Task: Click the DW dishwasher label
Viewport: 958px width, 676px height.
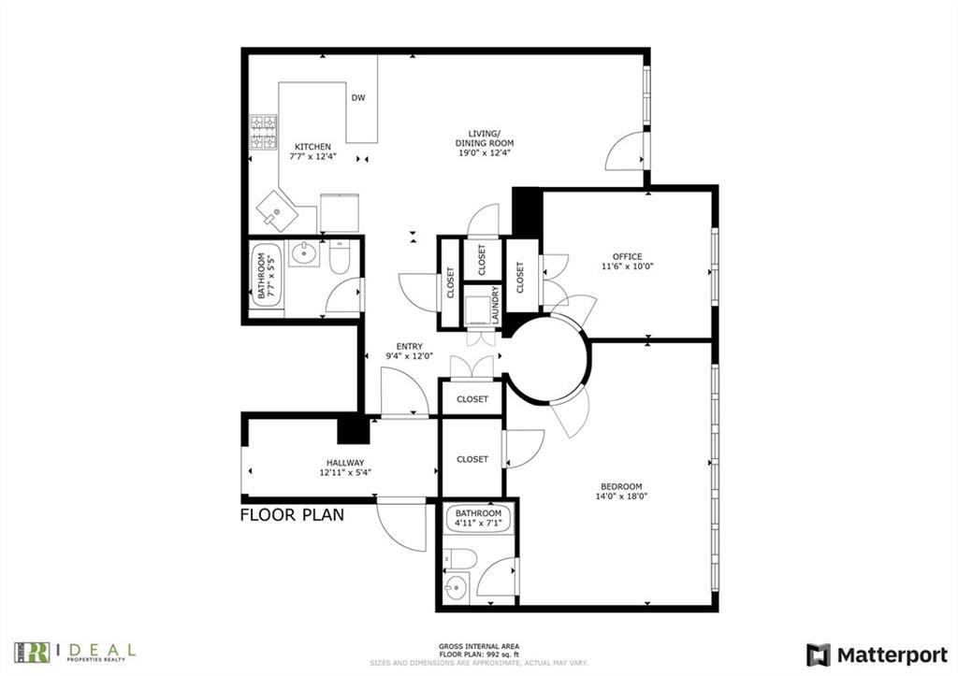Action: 358,98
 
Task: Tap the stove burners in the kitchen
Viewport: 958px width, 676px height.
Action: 263,132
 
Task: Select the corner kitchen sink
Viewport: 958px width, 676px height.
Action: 278,211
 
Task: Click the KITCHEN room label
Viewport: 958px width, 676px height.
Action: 312,147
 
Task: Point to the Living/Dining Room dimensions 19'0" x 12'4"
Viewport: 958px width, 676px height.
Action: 485,154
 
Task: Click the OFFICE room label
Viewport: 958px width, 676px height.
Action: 627,256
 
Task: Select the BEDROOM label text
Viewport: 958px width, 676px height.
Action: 621,486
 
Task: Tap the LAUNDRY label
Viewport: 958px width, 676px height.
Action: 495,305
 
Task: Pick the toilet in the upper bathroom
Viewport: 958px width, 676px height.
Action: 339,257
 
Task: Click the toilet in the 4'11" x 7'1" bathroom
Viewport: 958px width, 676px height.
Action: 460,559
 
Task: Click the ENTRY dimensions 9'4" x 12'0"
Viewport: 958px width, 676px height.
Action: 410,356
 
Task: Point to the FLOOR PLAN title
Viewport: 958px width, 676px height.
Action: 292,514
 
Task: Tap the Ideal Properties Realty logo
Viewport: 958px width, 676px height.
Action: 75,651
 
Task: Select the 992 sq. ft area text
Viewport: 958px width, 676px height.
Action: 478,654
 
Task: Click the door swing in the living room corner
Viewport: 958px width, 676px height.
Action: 625,151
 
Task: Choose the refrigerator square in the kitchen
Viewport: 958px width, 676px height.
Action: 339,211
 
